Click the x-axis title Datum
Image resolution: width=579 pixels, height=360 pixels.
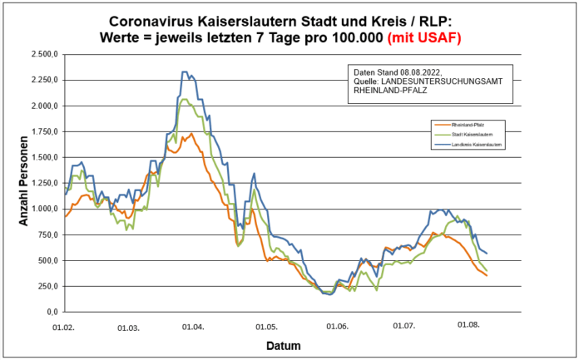[284, 345]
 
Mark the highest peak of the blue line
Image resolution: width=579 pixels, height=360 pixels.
[184, 72]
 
